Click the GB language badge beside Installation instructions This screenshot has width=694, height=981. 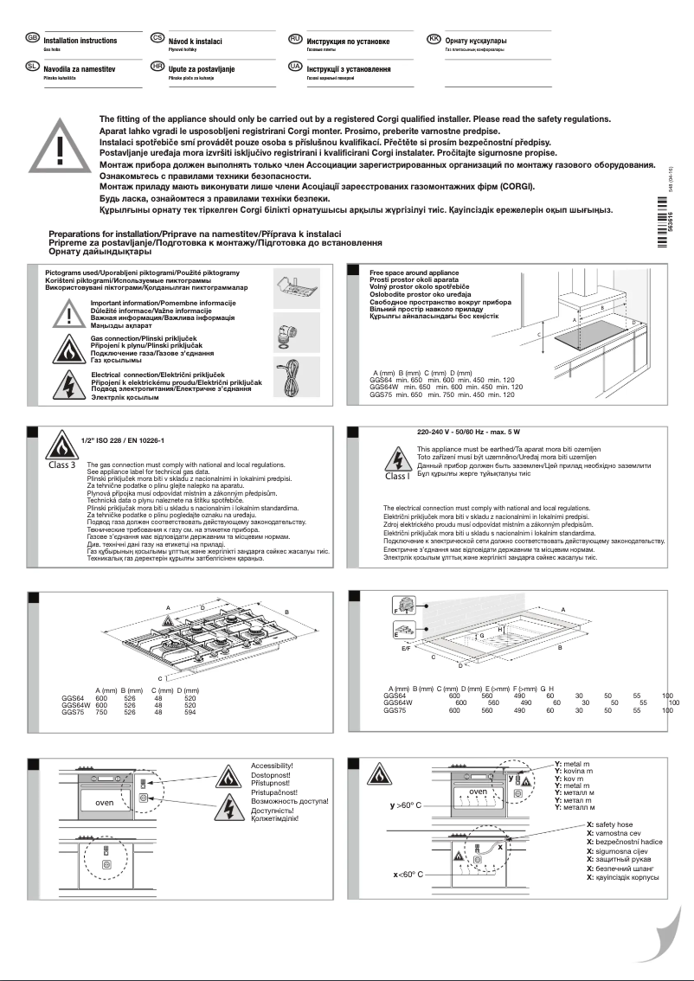coord(32,39)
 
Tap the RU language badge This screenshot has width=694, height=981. coord(295,39)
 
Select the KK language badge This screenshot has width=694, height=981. coord(434,39)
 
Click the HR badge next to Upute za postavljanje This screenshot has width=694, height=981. coord(157,66)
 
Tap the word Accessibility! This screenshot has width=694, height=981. coord(272,766)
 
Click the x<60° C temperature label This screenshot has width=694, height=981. coord(403,875)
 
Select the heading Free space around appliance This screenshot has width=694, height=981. coord(412,272)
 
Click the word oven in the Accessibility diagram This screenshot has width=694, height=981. coord(104,803)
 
